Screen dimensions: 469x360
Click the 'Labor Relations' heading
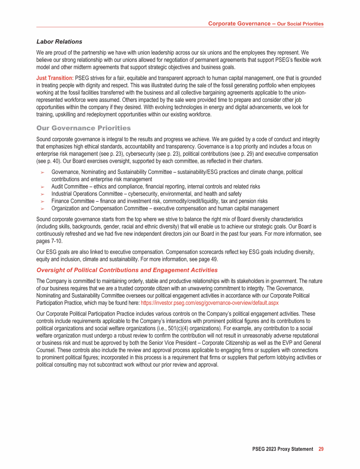point(59,42)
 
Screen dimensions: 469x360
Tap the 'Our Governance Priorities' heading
point(83,128)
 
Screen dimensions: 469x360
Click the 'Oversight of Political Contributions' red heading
point(127,270)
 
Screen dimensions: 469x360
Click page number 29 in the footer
point(321,449)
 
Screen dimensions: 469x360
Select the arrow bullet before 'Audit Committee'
point(42,187)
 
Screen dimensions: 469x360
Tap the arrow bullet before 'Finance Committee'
point(42,201)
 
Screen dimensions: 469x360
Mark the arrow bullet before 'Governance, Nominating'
point(42,173)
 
